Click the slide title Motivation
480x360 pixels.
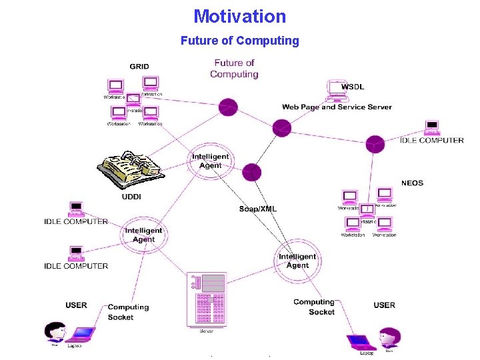[x=239, y=16]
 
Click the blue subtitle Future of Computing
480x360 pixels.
[x=239, y=41]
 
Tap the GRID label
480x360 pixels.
[x=139, y=67]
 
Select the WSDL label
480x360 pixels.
[x=353, y=87]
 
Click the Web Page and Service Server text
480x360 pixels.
[x=337, y=107]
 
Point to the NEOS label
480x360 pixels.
[x=412, y=183]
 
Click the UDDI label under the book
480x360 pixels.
[x=131, y=197]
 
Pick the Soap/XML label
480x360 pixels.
[x=257, y=209]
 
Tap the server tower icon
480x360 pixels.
[x=207, y=299]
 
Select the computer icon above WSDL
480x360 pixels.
[x=335, y=88]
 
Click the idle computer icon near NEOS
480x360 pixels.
[x=432, y=127]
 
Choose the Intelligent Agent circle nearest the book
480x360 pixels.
[x=210, y=161]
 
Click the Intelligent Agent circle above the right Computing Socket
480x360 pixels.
[x=297, y=261]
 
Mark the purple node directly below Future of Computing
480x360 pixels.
[x=229, y=106]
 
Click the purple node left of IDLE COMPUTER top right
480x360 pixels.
[x=375, y=143]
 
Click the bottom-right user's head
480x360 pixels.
[x=389, y=335]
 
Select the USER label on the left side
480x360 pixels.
[x=76, y=305]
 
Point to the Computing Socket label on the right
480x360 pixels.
[x=314, y=307]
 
